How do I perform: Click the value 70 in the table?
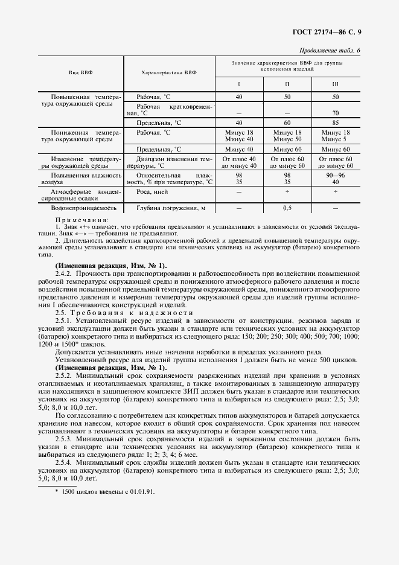336,113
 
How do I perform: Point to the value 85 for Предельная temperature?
336,122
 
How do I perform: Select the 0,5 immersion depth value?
287,208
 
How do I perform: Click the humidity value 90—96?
336,174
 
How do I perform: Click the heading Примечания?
81,220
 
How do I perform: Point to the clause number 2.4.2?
64,273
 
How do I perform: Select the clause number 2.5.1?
64,321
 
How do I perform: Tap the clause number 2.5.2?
64,375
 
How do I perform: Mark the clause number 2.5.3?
64,438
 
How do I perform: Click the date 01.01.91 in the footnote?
140,491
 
